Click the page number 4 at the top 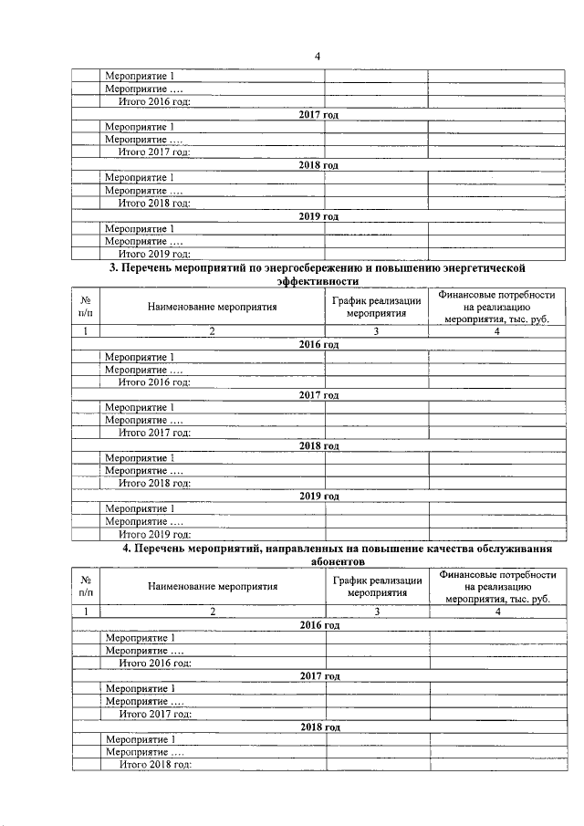click(x=318, y=57)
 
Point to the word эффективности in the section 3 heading click(x=319, y=283)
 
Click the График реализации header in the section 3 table click(x=376, y=308)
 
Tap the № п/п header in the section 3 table click(x=85, y=308)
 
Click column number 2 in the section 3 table click(x=212, y=332)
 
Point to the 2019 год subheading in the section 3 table click(x=319, y=496)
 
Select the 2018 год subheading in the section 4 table click(x=319, y=726)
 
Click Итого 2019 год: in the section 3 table click(x=154, y=534)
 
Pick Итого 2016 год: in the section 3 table click(x=154, y=382)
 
